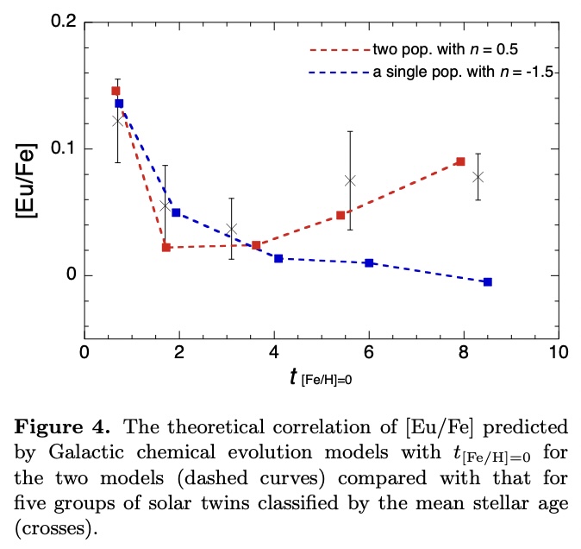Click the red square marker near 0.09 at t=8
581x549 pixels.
[460, 161]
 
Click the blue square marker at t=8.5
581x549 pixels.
[488, 282]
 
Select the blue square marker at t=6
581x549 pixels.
[369, 262]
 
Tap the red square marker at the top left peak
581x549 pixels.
[116, 91]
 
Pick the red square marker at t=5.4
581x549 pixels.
[340, 215]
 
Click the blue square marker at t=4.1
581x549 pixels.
[278, 259]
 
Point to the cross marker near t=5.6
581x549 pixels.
[350, 180]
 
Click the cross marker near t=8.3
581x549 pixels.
[478, 177]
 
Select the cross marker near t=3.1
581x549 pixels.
[231, 229]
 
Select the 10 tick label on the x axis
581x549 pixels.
[559, 352]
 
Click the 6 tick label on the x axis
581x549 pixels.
[369, 352]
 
